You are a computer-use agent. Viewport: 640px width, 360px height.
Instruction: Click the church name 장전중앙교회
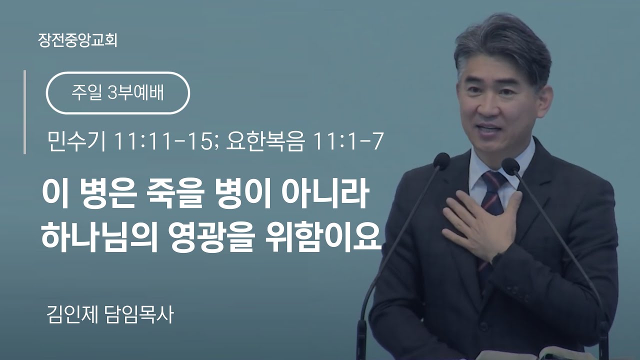click(x=77, y=40)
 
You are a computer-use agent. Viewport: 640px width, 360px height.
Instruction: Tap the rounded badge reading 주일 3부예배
click(x=117, y=93)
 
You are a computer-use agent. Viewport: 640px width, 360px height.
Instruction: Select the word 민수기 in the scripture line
click(x=77, y=141)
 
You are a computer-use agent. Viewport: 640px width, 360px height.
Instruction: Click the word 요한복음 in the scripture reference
click(x=264, y=141)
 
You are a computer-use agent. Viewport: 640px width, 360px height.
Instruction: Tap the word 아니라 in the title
click(x=324, y=194)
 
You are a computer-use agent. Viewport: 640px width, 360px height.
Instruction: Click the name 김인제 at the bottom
click(x=72, y=315)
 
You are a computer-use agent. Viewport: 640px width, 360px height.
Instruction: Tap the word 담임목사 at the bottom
click(x=139, y=315)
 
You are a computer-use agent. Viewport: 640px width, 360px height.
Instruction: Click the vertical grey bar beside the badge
click(x=25, y=112)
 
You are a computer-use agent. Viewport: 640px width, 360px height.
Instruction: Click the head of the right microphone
click(x=510, y=166)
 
